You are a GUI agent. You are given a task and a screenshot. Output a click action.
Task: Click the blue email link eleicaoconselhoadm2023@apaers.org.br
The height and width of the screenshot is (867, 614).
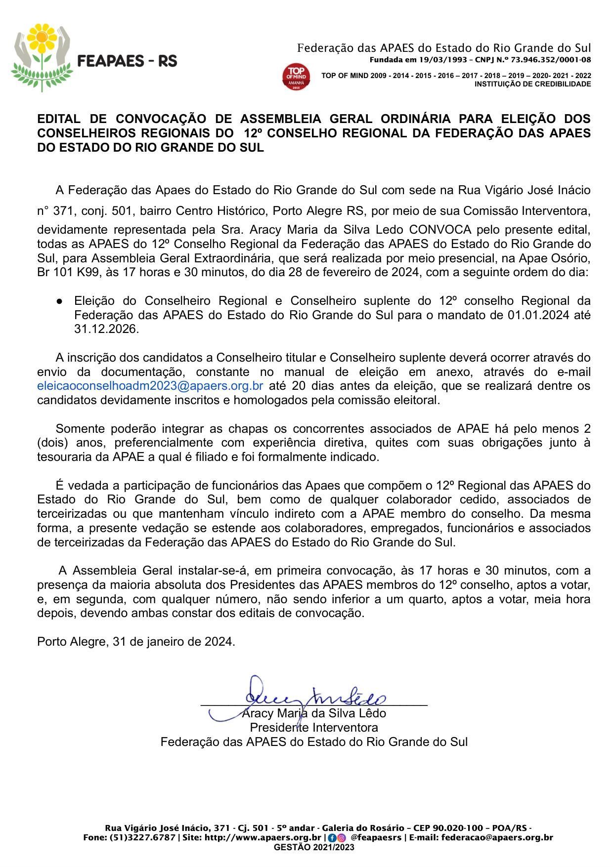pyautogui.click(x=150, y=386)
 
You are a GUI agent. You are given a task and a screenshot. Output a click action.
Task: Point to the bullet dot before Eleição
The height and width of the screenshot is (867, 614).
pyautogui.click(x=59, y=301)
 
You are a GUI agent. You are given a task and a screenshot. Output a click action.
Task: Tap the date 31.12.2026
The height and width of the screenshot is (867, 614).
pyautogui.click(x=106, y=329)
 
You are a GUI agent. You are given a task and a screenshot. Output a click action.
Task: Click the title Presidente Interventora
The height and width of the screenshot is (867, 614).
pyautogui.click(x=314, y=728)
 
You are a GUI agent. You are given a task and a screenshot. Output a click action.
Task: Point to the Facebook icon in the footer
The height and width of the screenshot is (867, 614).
pyautogui.click(x=332, y=838)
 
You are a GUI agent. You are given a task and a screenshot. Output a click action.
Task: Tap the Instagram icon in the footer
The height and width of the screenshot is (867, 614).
pyautogui.click(x=341, y=838)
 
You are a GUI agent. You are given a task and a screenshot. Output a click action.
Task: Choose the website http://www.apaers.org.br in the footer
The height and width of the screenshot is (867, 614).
pyautogui.click(x=263, y=838)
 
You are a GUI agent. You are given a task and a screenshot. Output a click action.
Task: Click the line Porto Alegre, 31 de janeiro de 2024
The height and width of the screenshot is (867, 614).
pyautogui.click(x=136, y=642)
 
